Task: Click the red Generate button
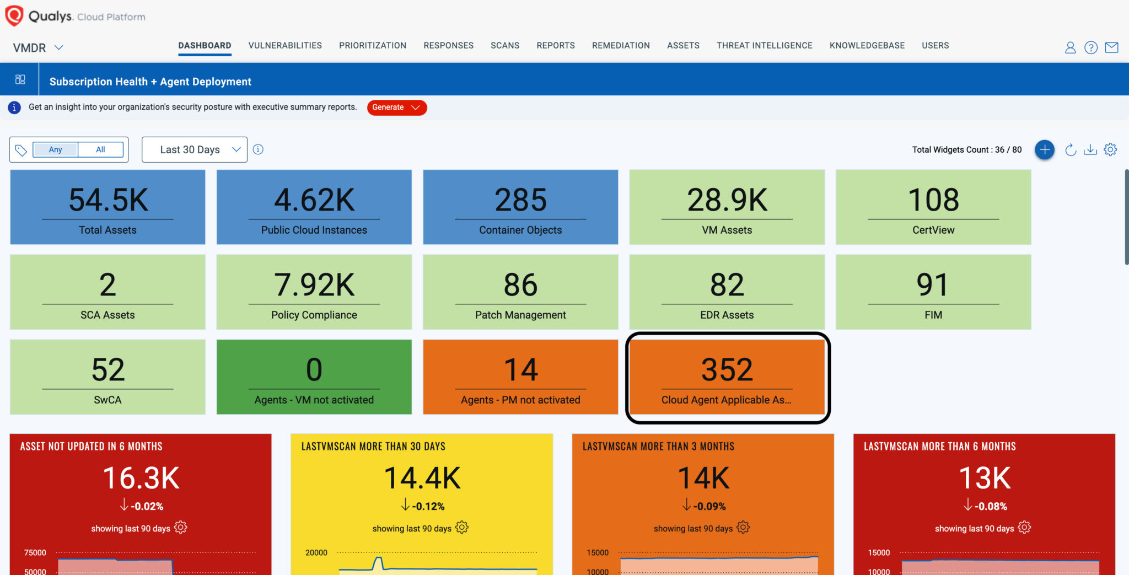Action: pos(396,108)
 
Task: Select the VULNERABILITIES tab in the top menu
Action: pos(285,46)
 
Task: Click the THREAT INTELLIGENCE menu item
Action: pos(764,46)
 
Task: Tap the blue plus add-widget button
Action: pos(1044,149)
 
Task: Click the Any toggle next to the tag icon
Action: pos(55,149)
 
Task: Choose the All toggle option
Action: pos(100,149)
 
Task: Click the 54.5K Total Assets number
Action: pos(108,200)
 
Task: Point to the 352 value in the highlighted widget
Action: pos(727,369)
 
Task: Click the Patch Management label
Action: pos(520,315)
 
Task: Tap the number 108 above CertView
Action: pos(933,200)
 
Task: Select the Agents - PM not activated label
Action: pos(520,400)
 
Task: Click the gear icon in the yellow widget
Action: pos(462,528)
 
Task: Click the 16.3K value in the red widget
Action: pos(141,478)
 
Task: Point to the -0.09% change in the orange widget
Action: pos(709,506)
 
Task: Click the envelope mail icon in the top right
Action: pos(1111,47)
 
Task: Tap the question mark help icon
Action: pos(1090,47)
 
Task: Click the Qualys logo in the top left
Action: pos(14,16)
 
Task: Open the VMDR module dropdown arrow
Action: pos(58,47)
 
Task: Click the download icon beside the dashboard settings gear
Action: pos(1090,149)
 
